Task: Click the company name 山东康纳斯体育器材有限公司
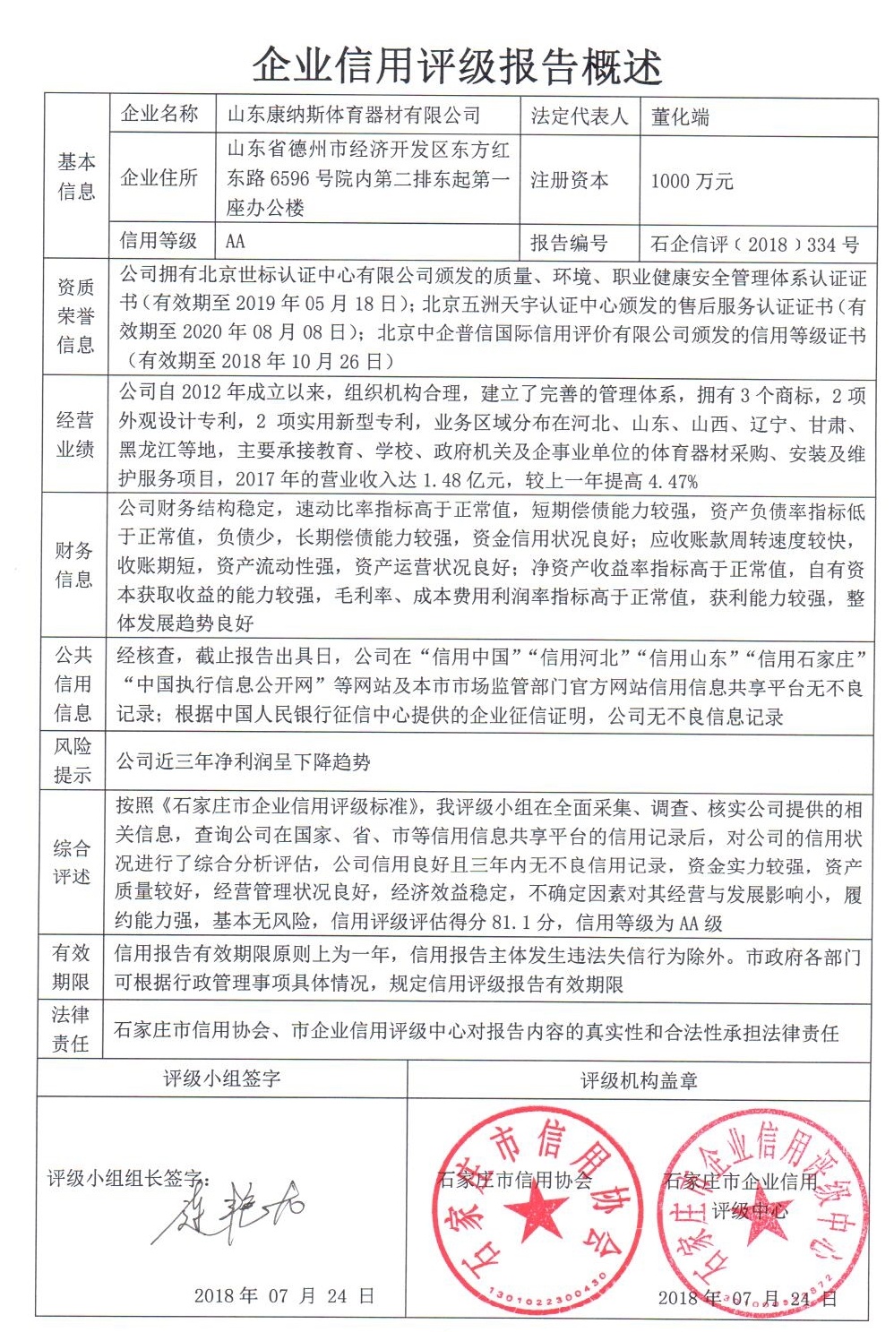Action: [354, 116]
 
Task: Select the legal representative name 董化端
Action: [680, 117]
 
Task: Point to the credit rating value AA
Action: [236, 241]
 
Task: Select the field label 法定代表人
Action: [579, 116]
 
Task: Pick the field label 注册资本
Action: [569, 180]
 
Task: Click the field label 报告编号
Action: [569, 243]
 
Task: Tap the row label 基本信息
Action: [76, 176]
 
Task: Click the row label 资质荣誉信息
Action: [75, 316]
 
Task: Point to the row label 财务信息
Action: [73, 564]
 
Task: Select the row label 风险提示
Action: [73, 761]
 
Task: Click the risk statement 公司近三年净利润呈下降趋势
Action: [244, 762]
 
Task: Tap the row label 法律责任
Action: [71, 1029]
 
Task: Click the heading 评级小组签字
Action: [221, 1078]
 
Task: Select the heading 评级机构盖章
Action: [639, 1081]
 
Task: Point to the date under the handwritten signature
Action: [283, 1295]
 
